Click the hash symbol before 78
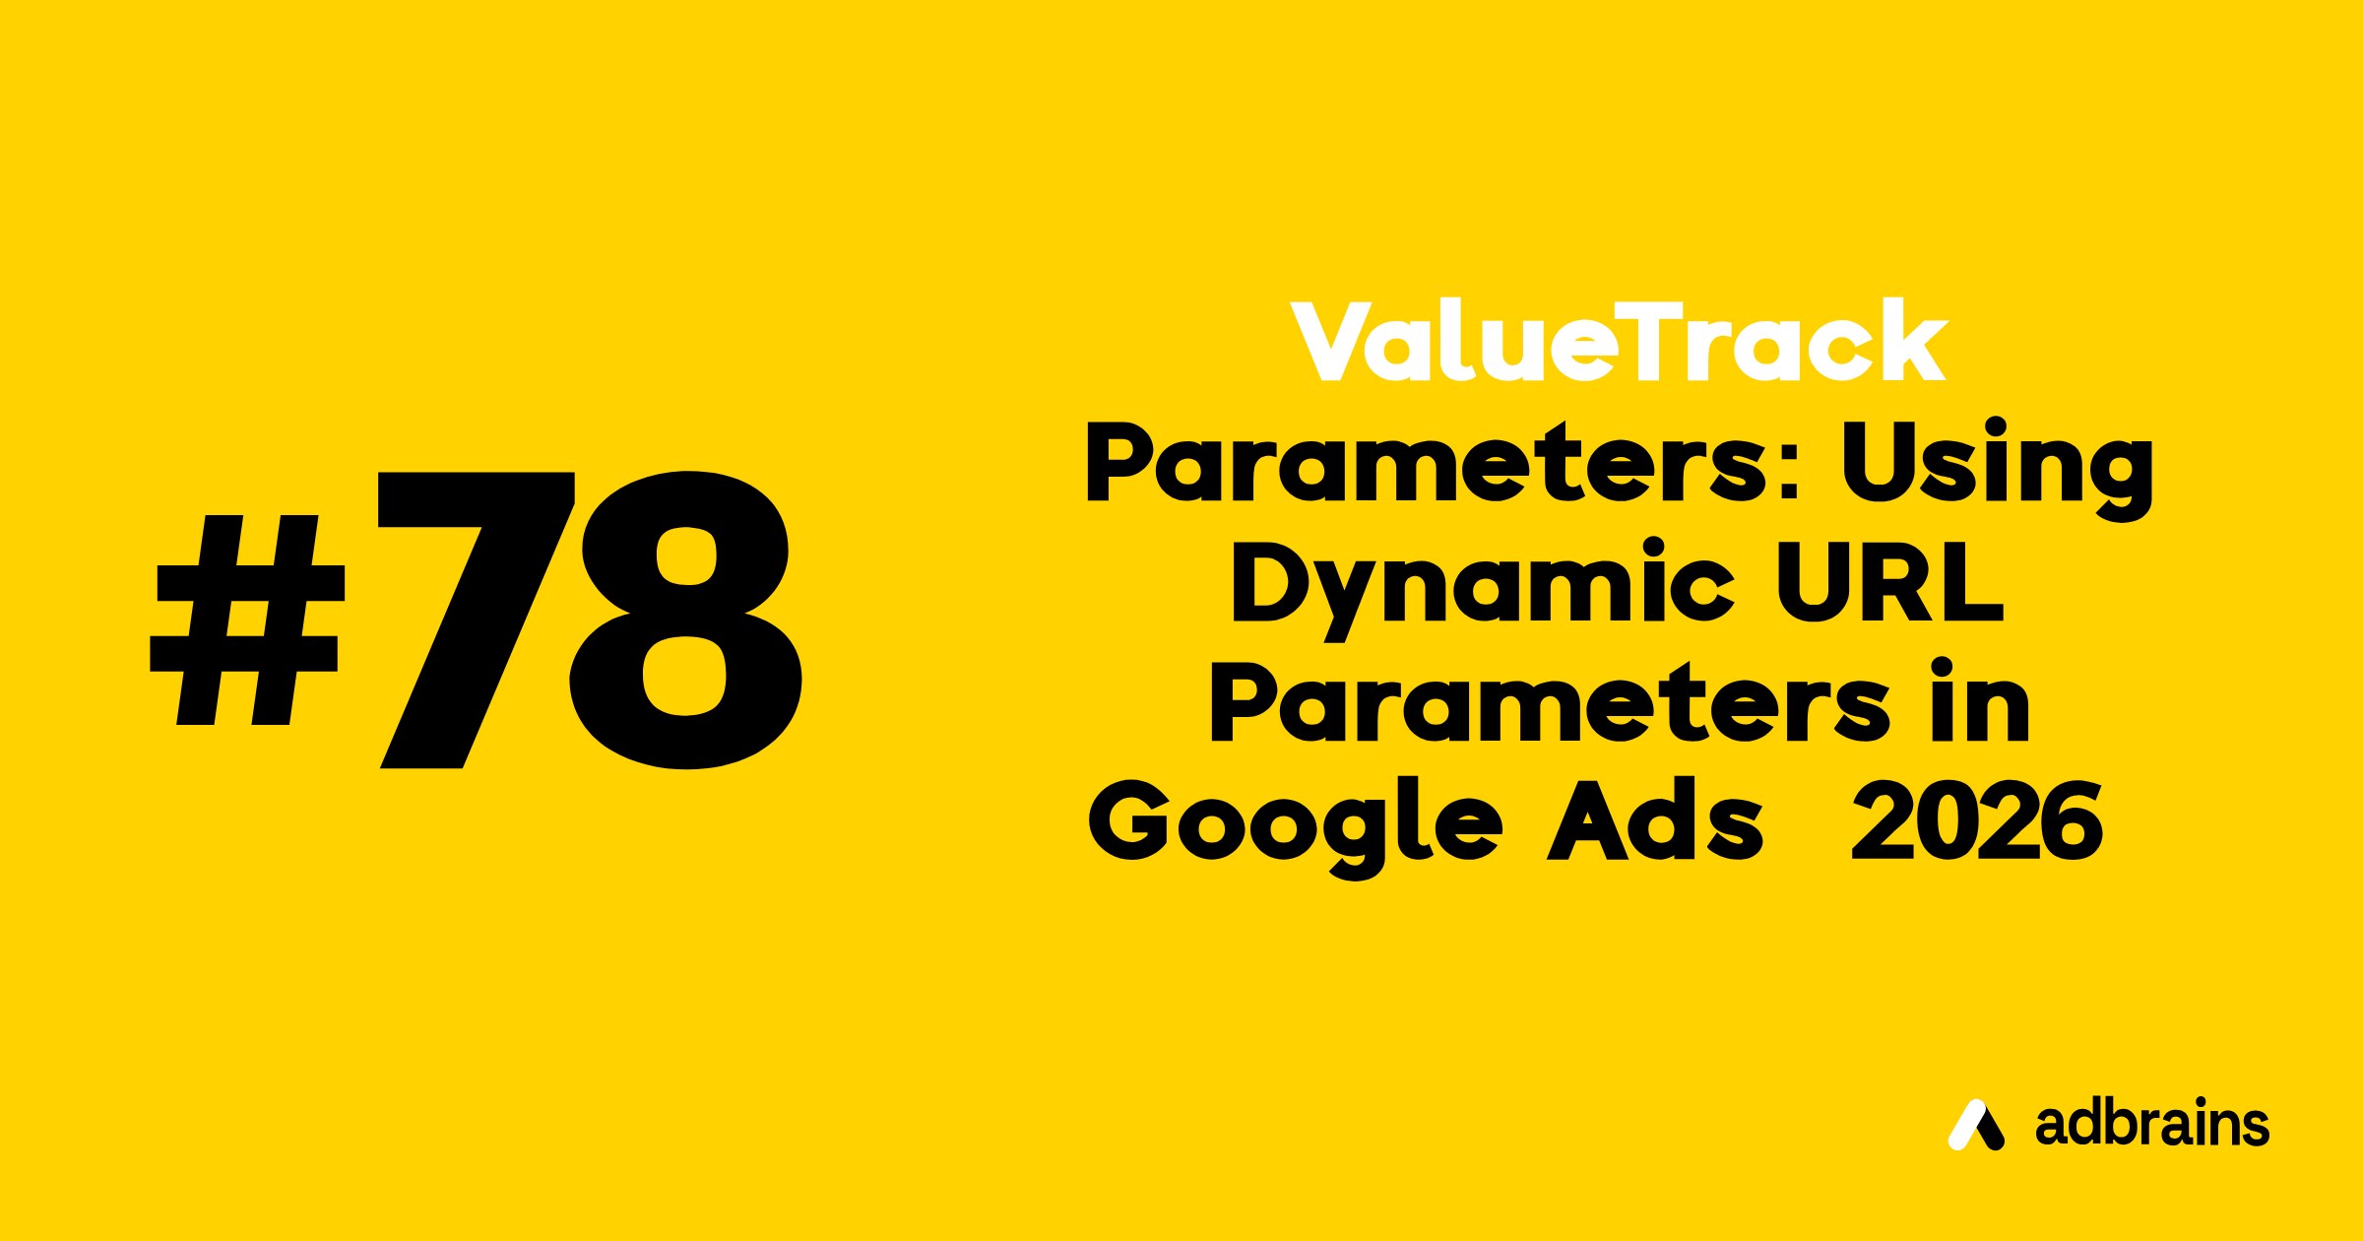(x=247, y=620)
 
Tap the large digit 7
(x=477, y=620)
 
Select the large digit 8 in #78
(x=685, y=620)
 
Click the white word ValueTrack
(x=1619, y=341)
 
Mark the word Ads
(x=1655, y=820)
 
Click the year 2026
(x=1977, y=821)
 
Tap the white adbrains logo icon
(x=1975, y=1124)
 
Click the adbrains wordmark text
(x=2152, y=1124)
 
